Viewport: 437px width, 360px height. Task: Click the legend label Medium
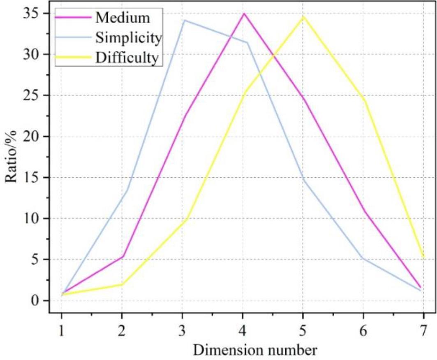click(123, 18)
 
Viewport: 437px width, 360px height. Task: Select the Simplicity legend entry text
click(127, 38)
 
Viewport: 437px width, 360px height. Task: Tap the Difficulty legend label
click(127, 58)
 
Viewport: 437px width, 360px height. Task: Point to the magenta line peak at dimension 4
click(244, 14)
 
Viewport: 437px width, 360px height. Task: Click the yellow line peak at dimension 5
click(303, 16)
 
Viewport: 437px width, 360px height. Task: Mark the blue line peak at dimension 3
click(185, 20)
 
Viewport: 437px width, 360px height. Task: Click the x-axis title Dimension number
click(255, 350)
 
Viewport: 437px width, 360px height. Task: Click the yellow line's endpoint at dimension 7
click(423, 257)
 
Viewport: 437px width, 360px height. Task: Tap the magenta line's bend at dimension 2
click(122, 256)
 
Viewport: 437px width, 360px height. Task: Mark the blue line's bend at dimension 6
click(363, 259)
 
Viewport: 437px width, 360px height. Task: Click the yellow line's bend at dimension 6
click(364, 101)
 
